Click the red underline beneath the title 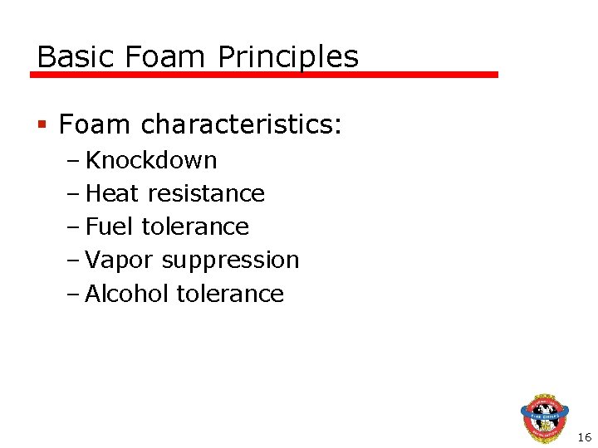[x=264, y=75]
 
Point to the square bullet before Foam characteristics [x=42, y=125]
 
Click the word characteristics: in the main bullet [x=241, y=124]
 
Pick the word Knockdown [x=151, y=160]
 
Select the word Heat [x=113, y=193]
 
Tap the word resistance [x=206, y=193]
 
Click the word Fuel [x=110, y=226]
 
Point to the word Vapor [x=120, y=260]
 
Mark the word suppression [x=230, y=260]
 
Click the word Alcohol [x=127, y=294]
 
